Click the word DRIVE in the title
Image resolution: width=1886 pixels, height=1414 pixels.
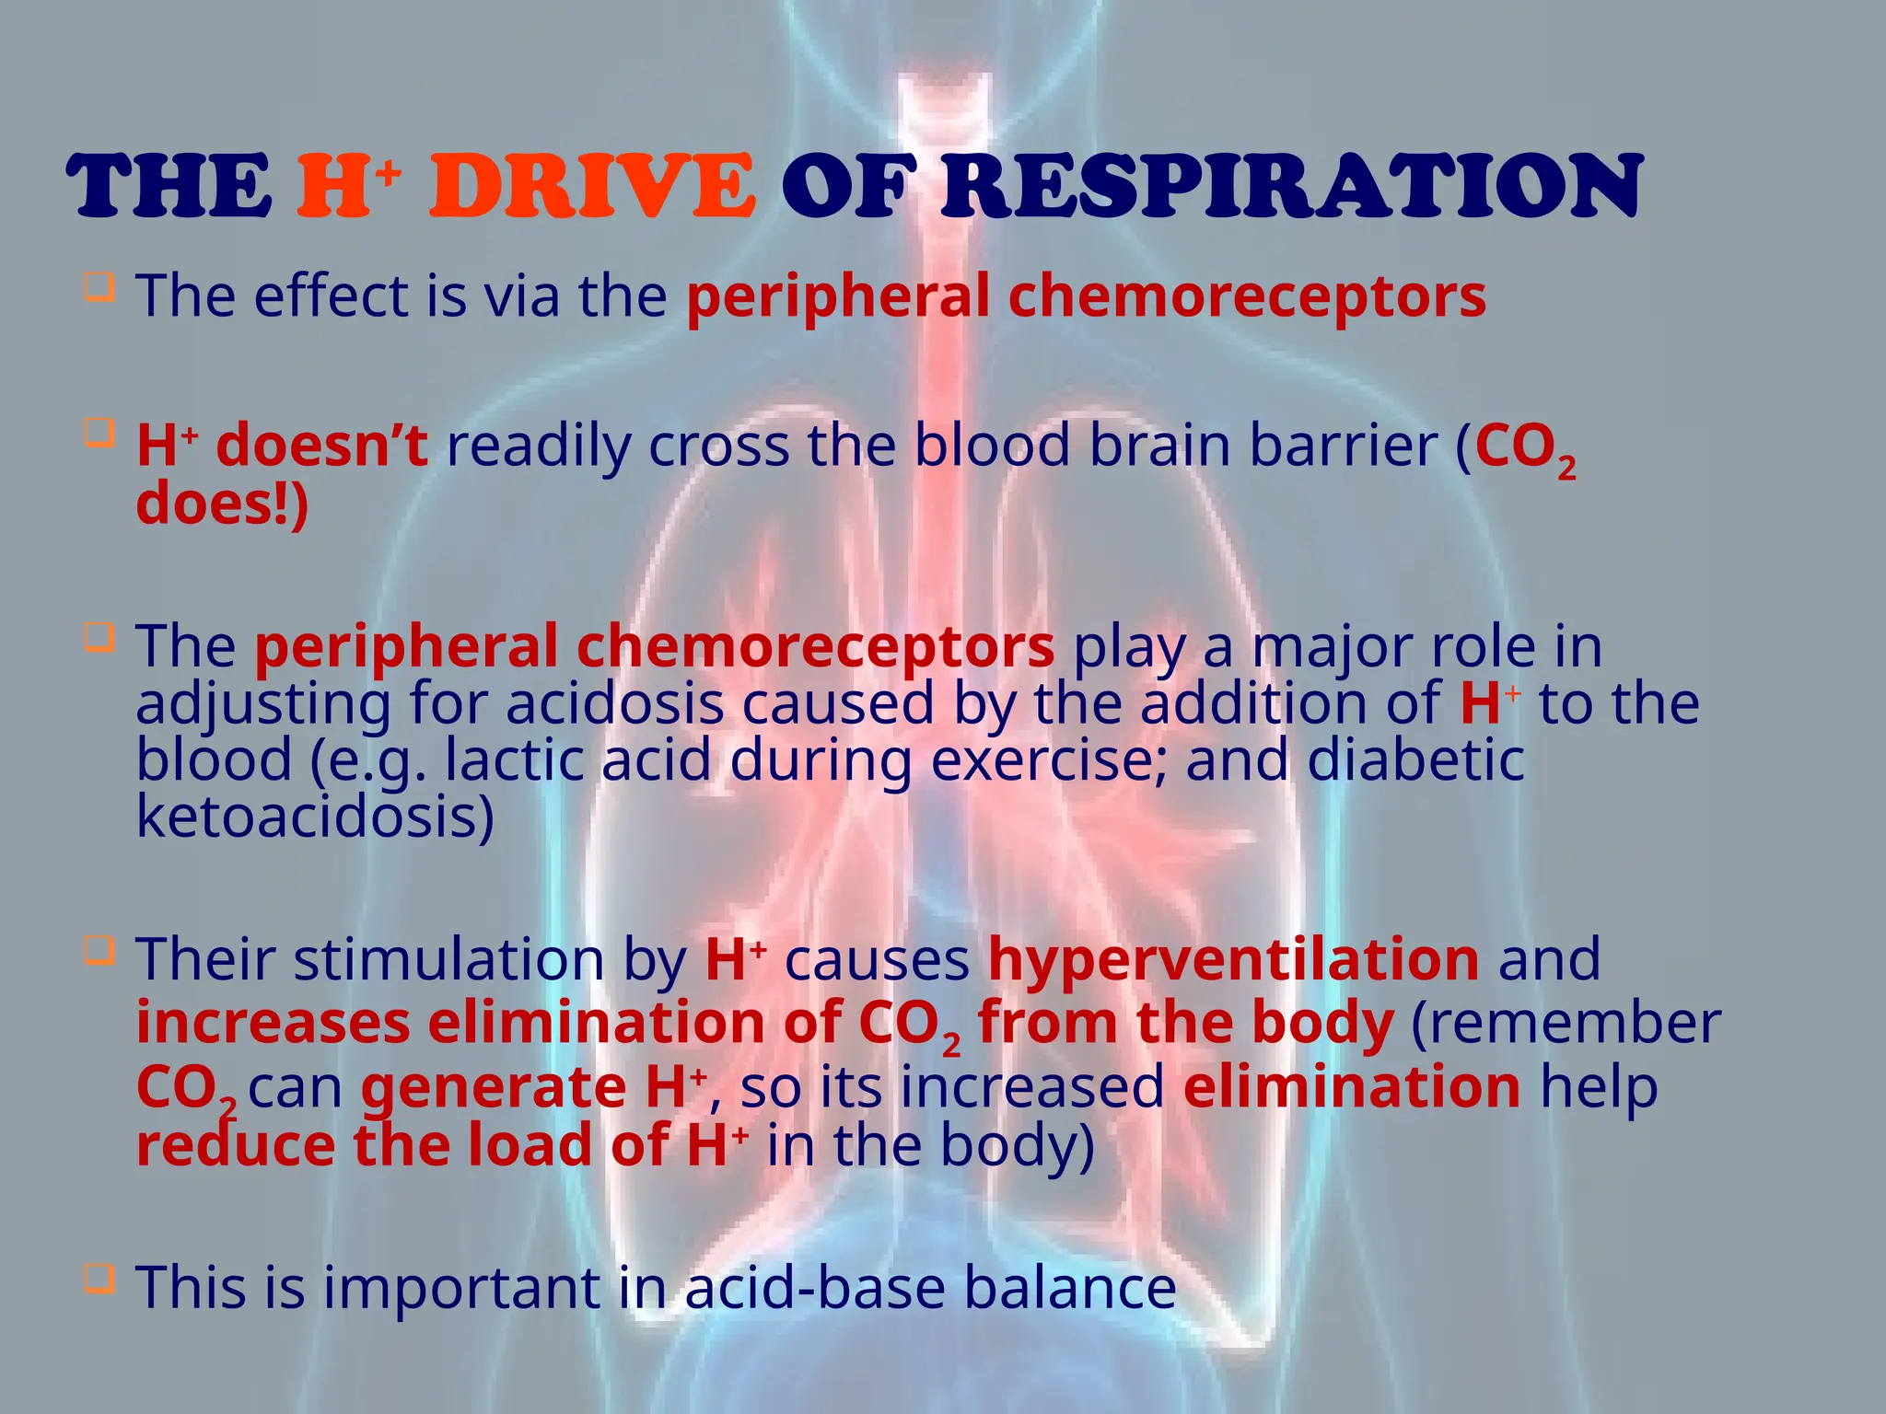592,187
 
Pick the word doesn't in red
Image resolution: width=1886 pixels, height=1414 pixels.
321,446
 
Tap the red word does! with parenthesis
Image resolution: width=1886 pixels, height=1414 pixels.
222,504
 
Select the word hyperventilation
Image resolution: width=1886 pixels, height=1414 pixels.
1234,959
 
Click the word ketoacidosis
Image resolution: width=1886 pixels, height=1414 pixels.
315,817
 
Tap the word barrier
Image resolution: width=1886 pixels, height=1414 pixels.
1345,446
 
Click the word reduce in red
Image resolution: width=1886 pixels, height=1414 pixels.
236,1145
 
